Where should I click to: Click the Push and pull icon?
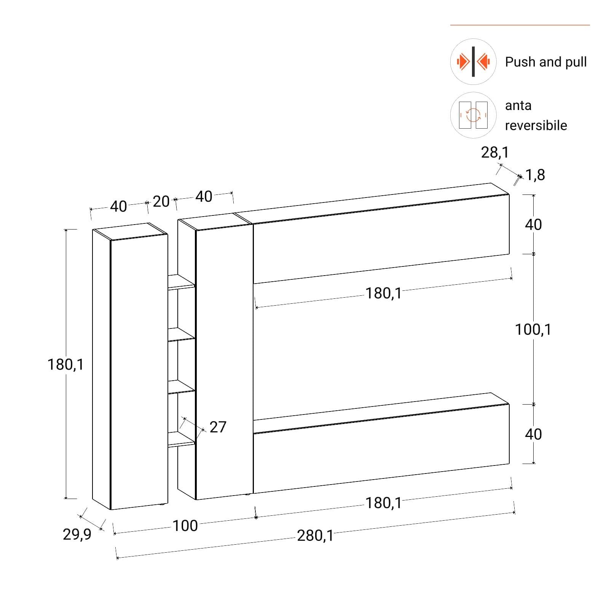click(x=473, y=62)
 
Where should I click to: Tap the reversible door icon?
click(x=473, y=115)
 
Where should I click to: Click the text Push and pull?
click(x=546, y=62)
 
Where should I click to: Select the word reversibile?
click(x=536, y=125)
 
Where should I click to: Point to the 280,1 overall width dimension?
click(x=315, y=536)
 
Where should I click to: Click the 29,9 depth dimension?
click(x=77, y=534)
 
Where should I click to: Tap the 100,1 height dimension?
click(x=533, y=329)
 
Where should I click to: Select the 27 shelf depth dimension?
click(x=218, y=427)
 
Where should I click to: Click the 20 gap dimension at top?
click(x=161, y=201)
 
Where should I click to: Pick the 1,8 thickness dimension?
click(x=535, y=175)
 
